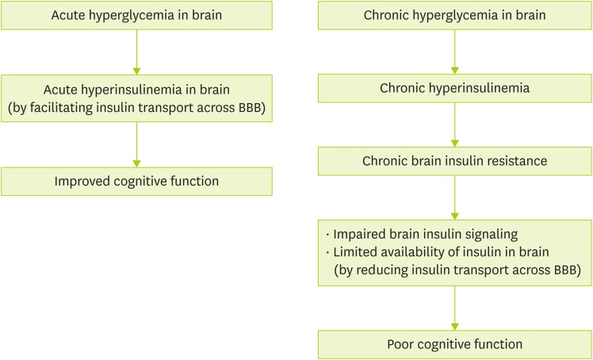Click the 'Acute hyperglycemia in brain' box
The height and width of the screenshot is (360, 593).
[x=136, y=15]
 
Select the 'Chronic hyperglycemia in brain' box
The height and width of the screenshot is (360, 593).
[x=454, y=15]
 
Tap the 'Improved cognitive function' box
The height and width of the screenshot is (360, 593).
[x=136, y=181]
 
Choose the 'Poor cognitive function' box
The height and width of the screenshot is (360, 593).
[x=454, y=344]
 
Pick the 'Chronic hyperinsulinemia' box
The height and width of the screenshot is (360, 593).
[x=454, y=87]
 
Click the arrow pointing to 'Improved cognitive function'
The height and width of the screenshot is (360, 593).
[x=136, y=144]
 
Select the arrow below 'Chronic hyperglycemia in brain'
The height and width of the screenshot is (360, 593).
[x=454, y=52]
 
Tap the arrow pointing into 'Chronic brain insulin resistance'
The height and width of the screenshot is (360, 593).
[x=454, y=124]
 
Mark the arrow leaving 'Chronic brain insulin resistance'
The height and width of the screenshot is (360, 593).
[x=454, y=197]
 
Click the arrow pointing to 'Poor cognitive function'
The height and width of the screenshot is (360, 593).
[x=454, y=308]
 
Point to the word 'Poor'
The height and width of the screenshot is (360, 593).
[x=402, y=344]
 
